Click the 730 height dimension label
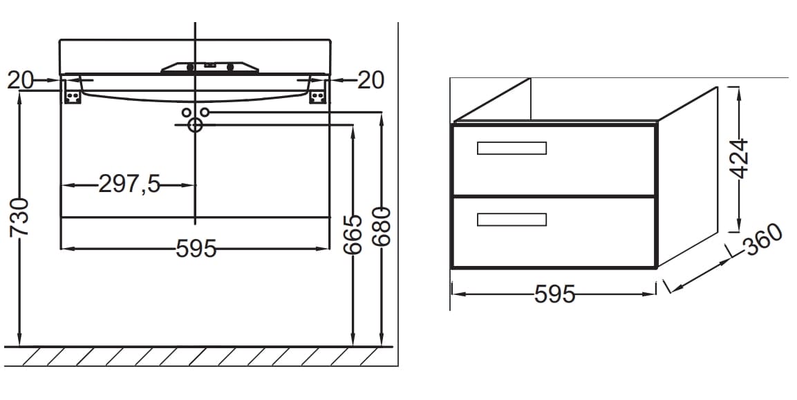(21, 218)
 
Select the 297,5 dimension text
(129, 184)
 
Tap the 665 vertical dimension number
(353, 234)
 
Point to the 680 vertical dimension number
(381, 226)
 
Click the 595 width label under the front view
(196, 249)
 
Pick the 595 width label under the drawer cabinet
(554, 294)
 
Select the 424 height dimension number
(740, 159)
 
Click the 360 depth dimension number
(762, 239)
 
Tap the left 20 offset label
(20, 80)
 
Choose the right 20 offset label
(371, 80)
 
